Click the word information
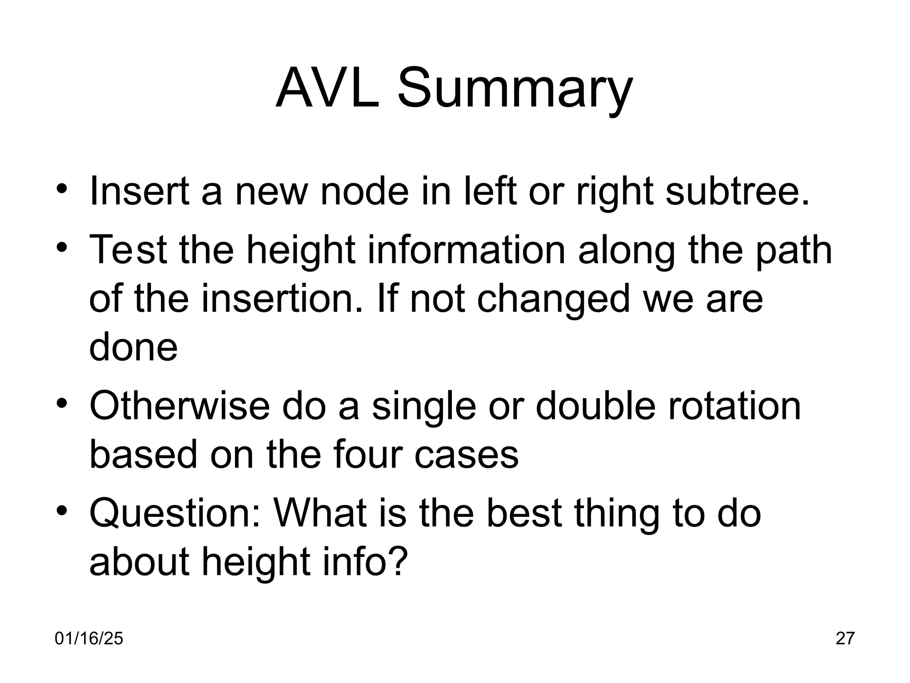466,250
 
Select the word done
133,347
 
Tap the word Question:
174,514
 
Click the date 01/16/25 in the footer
89,639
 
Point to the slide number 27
845,639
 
